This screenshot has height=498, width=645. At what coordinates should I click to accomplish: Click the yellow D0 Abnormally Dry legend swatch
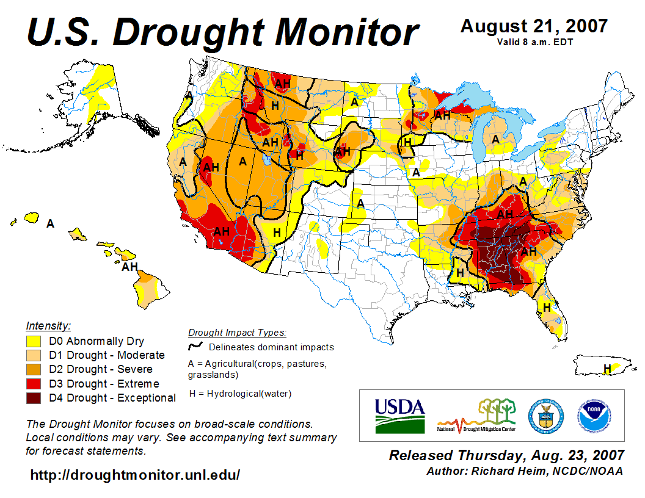coord(34,341)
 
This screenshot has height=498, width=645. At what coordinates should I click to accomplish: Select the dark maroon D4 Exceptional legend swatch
coord(34,398)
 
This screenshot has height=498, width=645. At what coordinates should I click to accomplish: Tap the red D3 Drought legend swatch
coord(34,384)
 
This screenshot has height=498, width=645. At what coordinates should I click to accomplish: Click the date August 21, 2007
coord(534,26)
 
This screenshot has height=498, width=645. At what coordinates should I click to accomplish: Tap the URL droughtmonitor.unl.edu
coord(135,475)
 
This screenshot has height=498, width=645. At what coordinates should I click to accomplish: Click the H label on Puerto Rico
coord(607,368)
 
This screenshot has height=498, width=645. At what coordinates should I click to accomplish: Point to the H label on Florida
coord(547,307)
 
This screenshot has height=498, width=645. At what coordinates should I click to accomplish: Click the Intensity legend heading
coord(48,325)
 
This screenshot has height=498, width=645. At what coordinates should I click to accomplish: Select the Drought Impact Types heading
coord(237,333)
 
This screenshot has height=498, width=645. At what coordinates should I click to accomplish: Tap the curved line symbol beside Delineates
coord(195,347)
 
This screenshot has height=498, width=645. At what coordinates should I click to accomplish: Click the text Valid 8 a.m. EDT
coord(534,42)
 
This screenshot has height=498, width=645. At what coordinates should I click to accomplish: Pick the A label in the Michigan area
coord(496,140)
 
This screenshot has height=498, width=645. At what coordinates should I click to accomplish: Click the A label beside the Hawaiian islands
coord(51,224)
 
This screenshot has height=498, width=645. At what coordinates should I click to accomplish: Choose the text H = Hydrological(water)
coord(240,394)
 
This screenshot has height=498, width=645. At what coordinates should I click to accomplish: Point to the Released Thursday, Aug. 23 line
coord(507,455)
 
